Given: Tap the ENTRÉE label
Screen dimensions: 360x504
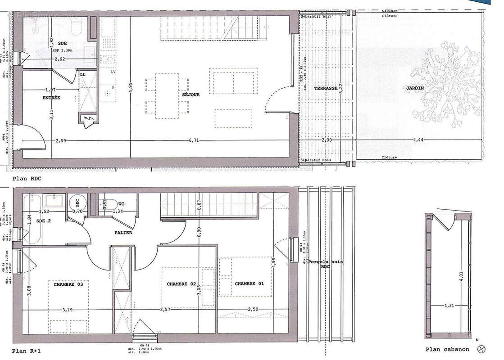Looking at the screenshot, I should [51, 98].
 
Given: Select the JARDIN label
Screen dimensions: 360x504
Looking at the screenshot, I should [414, 89].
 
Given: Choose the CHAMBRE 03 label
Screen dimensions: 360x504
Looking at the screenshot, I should [68, 284].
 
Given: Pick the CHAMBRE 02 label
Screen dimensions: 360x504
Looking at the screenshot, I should [182, 284].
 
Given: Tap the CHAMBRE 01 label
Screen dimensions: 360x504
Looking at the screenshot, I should [249, 284].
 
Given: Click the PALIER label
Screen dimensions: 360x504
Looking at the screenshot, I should [123, 233].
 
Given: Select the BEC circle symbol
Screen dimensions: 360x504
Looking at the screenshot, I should [75, 202].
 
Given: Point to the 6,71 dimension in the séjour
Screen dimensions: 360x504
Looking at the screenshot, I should [194, 140].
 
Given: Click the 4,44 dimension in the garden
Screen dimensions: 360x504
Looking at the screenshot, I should [419, 140].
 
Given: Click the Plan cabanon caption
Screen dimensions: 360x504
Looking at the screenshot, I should [447, 349].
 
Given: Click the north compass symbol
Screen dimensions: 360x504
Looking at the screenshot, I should [482, 348].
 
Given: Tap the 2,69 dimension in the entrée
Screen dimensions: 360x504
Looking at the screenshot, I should [61, 140].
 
